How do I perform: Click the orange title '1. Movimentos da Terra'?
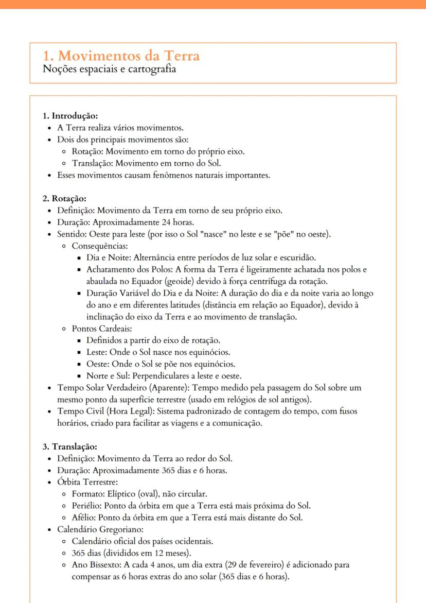pyautogui.click(x=121, y=55)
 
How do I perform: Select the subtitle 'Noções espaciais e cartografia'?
pyautogui.click(x=109, y=69)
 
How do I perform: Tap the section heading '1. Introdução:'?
pyautogui.click(x=70, y=116)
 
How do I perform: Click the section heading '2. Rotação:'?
pyautogui.click(x=64, y=198)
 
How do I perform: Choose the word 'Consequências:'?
pyautogui.click(x=100, y=246)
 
